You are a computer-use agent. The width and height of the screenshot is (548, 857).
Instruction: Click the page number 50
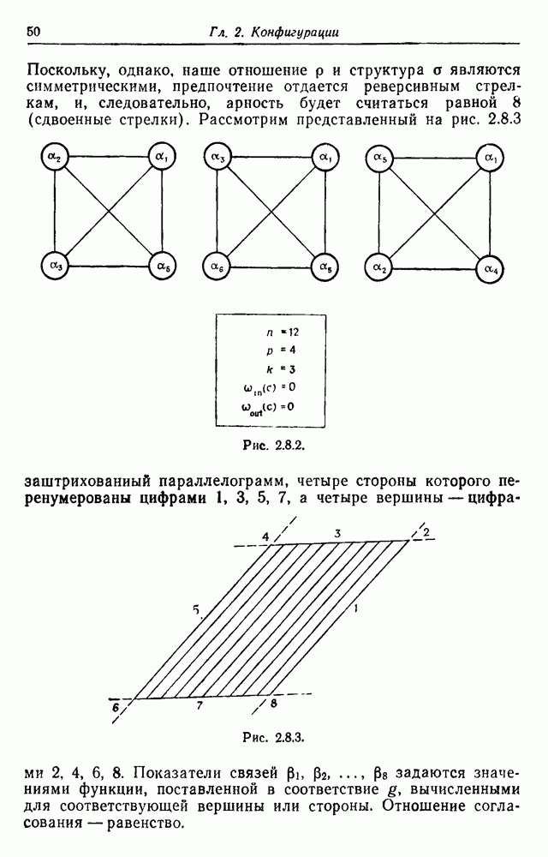click(33, 31)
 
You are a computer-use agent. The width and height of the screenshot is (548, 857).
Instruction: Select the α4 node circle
click(490, 269)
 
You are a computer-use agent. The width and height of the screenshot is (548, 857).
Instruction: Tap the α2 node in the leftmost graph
click(55, 158)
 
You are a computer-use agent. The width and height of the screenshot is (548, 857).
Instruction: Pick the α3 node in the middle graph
click(217, 158)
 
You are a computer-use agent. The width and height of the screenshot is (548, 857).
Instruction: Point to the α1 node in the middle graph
click(325, 158)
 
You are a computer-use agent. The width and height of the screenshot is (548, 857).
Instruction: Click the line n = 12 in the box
click(283, 332)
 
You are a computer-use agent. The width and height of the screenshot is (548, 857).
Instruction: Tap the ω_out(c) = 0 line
click(267, 408)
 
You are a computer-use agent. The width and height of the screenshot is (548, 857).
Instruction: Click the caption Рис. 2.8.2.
click(273, 446)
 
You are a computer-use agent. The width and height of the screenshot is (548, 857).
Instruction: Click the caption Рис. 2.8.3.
click(273, 738)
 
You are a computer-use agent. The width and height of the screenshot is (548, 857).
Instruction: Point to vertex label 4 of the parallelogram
click(265, 536)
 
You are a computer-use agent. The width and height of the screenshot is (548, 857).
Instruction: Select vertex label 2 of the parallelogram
click(426, 532)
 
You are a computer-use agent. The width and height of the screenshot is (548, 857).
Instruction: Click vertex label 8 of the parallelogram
click(273, 703)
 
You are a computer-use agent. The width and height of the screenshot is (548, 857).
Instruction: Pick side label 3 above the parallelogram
click(338, 533)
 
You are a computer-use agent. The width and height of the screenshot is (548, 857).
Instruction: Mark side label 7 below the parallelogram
click(200, 705)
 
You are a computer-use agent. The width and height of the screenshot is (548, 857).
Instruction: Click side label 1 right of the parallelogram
click(355, 608)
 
